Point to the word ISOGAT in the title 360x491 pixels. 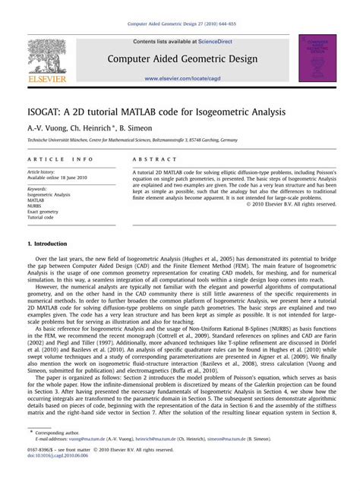(51, 112)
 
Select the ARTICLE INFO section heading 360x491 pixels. (60, 159)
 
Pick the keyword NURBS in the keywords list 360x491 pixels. (36, 206)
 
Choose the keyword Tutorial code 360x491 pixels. (43, 216)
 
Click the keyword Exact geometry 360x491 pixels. (45, 211)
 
